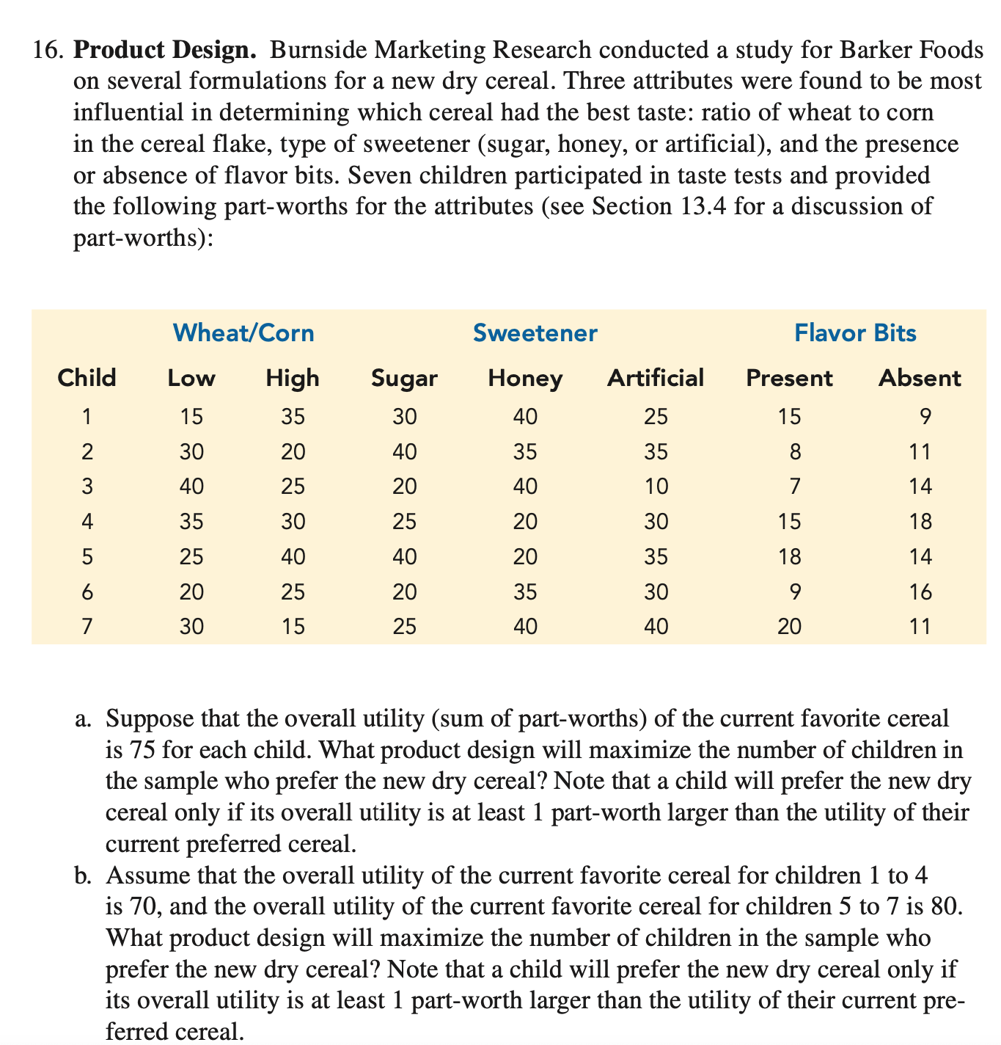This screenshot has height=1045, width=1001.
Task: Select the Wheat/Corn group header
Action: point(243,333)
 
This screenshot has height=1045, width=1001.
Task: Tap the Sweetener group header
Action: point(535,333)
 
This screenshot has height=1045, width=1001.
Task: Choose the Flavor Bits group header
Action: point(855,333)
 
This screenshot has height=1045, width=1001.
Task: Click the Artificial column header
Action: point(655,378)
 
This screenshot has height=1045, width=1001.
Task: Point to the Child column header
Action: point(87,378)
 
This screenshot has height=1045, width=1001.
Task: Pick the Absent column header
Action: point(919,378)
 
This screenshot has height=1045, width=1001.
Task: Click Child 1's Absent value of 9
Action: point(925,417)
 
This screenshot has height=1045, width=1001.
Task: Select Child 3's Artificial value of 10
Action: point(656,487)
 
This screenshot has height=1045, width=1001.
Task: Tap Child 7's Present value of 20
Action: point(788,626)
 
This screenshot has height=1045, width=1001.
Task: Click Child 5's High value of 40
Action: point(293,556)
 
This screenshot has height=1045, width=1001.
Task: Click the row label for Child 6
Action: point(87,591)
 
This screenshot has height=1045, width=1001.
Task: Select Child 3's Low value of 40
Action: point(191,487)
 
